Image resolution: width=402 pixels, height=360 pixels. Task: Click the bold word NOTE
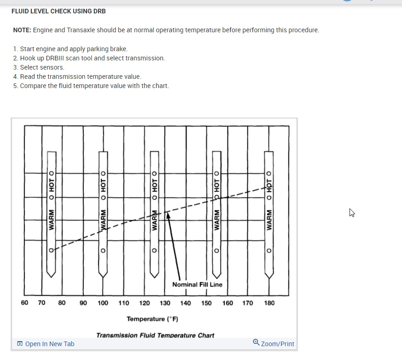pos(22,30)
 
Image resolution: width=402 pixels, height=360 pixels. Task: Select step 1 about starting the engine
pos(70,49)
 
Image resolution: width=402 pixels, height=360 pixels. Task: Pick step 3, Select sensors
pos(39,67)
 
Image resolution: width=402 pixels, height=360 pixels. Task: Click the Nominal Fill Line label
pos(197,284)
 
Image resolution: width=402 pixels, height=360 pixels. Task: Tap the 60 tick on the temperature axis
pos(25,303)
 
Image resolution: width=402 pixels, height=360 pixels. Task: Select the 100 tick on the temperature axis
pos(103,303)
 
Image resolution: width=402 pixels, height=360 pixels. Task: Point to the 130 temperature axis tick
pos(165,303)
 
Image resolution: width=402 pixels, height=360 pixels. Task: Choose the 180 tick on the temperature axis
pos(269,303)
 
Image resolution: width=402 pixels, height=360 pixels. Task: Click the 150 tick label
pos(206,303)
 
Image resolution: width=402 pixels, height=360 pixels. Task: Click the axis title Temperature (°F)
pos(152,319)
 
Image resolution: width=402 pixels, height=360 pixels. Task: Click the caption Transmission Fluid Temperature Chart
pos(155,335)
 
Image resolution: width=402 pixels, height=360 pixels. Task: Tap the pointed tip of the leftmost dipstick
pos(51,276)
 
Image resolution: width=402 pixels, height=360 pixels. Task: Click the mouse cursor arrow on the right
pos(352,212)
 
